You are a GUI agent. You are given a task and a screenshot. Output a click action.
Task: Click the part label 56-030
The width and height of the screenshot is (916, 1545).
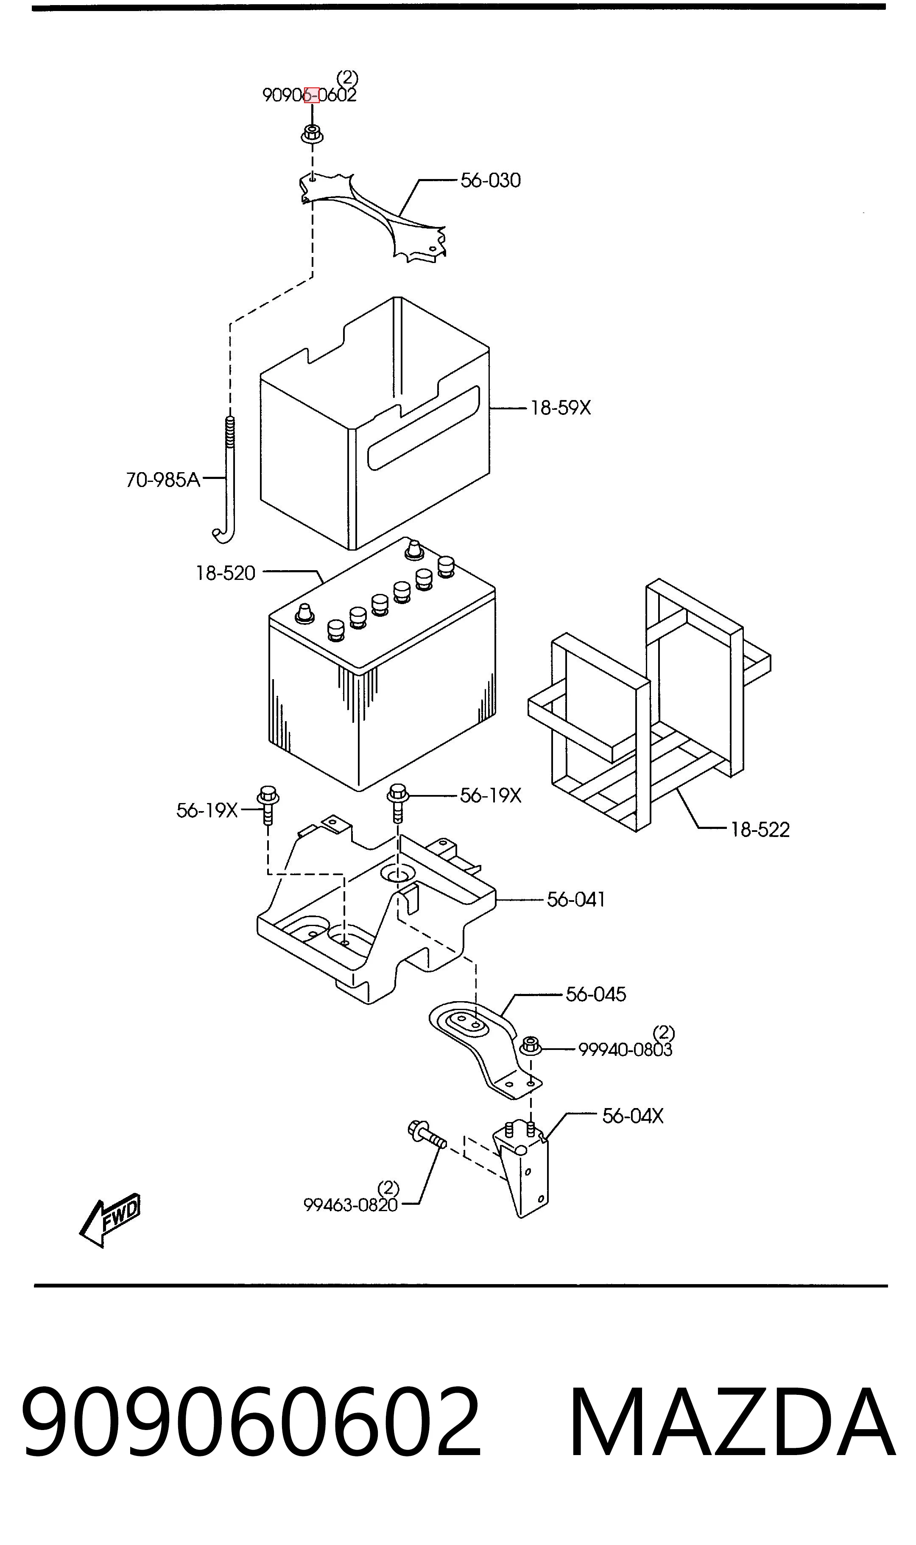point(491,180)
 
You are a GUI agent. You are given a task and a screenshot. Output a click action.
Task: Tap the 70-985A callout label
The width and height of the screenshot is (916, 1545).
point(163,480)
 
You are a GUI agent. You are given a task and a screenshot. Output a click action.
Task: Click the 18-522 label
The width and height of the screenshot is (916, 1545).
point(760,830)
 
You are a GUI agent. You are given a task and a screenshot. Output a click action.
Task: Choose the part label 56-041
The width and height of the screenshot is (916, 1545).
point(576,899)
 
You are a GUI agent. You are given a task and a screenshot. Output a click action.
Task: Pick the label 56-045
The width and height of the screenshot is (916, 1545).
point(596,994)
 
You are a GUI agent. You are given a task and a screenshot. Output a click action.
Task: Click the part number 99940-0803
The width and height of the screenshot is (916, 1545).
point(625,1050)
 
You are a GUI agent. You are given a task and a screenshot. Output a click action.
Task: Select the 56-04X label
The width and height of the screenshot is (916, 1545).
point(633,1116)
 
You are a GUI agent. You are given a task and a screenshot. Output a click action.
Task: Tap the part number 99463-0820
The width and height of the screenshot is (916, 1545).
point(351,1205)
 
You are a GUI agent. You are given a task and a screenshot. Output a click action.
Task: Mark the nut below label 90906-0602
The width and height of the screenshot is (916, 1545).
point(312,134)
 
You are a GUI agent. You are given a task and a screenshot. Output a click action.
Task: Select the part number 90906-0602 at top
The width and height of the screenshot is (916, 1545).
point(309,95)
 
